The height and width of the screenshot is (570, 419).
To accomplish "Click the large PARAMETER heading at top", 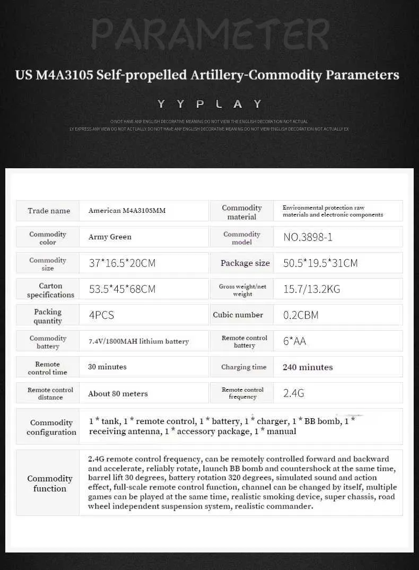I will pyautogui.click(x=210, y=34).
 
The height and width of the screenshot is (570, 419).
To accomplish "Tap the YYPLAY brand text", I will pyautogui.click(x=210, y=103).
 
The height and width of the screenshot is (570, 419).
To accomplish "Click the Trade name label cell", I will pyautogui.click(x=49, y=211).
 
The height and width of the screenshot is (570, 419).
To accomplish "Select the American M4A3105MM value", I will pyautogui.click(x=127, y=211).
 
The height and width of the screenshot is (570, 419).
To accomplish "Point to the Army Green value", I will pyautogui.click(x=110, y=237).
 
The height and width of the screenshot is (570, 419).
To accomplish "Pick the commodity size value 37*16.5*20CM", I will pyautogui.click(x=122, y=263).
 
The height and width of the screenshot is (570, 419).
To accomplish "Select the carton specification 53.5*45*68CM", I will pyautogui.click(x=122, y=289).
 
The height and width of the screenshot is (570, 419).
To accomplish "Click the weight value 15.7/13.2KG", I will pyautogui.click(x=312, y=289).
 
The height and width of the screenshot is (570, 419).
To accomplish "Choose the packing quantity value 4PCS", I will pyautogui.click(x=101, y=315).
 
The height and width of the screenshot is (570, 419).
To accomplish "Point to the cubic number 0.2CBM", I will pyautogui.click(x=301, y=315).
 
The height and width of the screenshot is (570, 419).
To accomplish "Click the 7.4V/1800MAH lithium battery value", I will pyautogui.click(x=138, y=341).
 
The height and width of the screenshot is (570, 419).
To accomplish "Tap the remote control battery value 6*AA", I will pyautogui.click(x=295, y=341).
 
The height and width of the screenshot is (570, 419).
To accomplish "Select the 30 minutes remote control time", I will pyautogui.click(x=107, y=367).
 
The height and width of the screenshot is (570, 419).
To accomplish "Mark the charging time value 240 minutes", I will pyautogui.click(x=308, y=367).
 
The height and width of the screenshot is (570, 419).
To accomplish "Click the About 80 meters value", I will pyautogui.click(x=118, y=393).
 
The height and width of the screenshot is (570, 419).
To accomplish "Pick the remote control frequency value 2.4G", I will pyautogui.click(x=294, y=393).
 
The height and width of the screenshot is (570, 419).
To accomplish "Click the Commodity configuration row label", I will pyautogui.click(x=51, y=427).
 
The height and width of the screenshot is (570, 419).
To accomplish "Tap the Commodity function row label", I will pyautogui.click(x=50, y=483).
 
